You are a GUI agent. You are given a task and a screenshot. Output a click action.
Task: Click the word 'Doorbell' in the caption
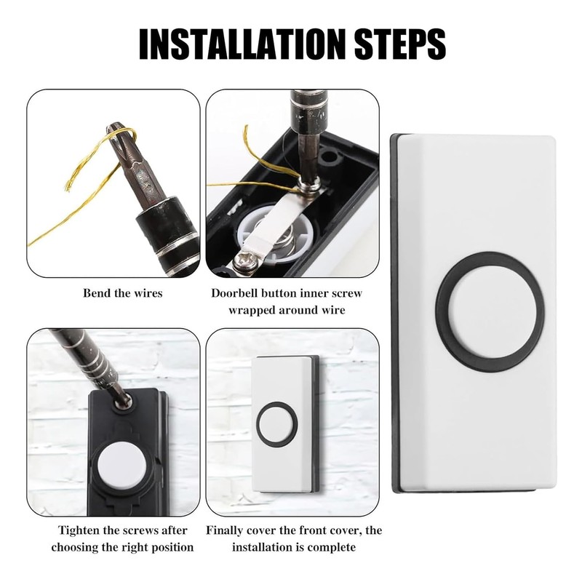(236, 294)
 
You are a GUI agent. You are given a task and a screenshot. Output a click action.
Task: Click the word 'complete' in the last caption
(329, 546)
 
